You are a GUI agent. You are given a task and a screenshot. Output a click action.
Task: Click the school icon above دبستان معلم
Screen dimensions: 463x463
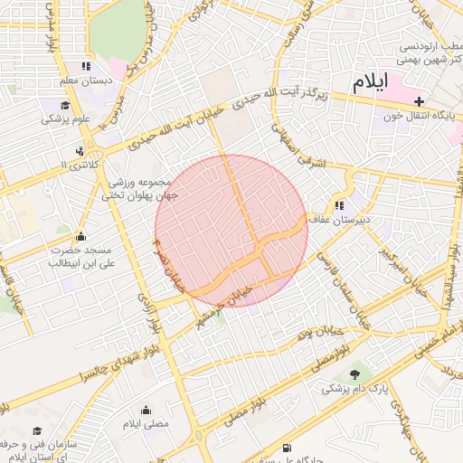point(86,66)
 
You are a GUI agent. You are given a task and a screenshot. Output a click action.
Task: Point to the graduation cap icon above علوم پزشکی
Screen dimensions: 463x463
point(49,103)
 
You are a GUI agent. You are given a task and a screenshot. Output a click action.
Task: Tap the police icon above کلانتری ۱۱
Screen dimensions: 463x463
point(80,150)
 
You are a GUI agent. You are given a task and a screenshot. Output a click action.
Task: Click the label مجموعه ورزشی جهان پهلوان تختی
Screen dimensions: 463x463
point(140,188)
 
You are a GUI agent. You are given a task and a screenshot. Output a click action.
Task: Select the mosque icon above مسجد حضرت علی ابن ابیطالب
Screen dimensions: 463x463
point(80,235)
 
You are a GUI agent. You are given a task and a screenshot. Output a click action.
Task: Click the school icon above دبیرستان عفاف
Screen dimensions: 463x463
point(340,204)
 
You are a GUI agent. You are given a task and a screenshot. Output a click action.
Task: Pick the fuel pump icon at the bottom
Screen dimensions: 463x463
point(287,448)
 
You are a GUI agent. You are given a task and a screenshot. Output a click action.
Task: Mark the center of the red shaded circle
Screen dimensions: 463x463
point(231,231)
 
